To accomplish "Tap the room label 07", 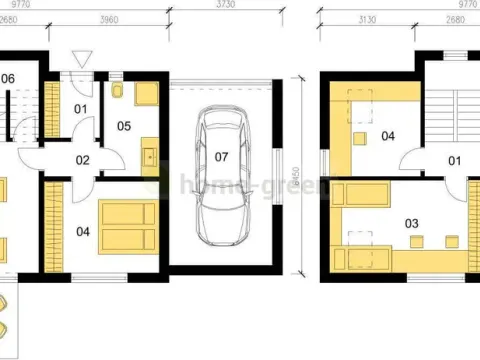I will pyautogui.click(x=221, y=156).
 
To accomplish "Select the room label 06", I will pyautogui.click(x=7, y=77).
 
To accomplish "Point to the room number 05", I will pyautogui.click(x=123, y=127).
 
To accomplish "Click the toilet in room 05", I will pyautogui.click(x=119, y=92).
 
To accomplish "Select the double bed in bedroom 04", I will pyautogui.click(x=126, y=226).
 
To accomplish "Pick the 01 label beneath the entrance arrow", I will pyautogui.click(x=81, y=108).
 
